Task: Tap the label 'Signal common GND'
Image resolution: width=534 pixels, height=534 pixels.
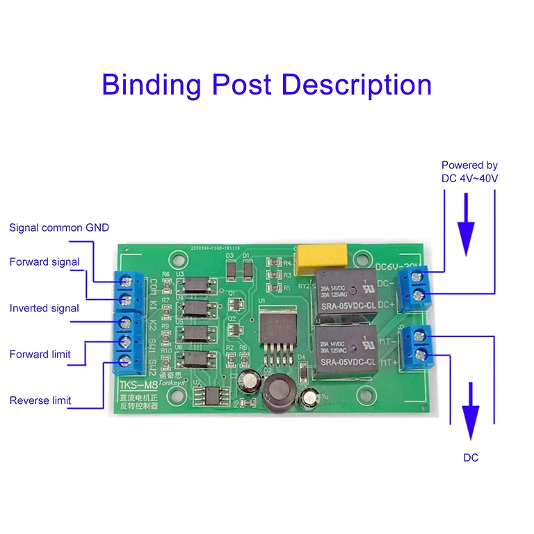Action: (59, 227)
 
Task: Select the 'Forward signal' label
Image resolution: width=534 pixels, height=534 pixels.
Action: (44, 262)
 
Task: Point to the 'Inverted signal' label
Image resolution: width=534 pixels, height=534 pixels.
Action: (44, 308)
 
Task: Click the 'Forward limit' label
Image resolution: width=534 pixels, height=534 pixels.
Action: (40, 355)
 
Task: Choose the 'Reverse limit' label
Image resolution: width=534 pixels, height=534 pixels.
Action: (40, 400)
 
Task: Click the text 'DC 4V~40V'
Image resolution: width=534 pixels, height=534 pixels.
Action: (469, 179)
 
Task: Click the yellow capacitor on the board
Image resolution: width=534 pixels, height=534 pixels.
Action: (322, 258)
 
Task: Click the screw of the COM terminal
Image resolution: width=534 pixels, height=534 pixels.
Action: (127, 280)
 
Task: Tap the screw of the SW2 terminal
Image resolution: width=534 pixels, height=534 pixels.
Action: (127, 361)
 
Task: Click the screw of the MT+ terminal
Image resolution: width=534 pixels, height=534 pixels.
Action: (420, 355)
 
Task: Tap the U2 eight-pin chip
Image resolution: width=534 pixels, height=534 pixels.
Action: (209, 396)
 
